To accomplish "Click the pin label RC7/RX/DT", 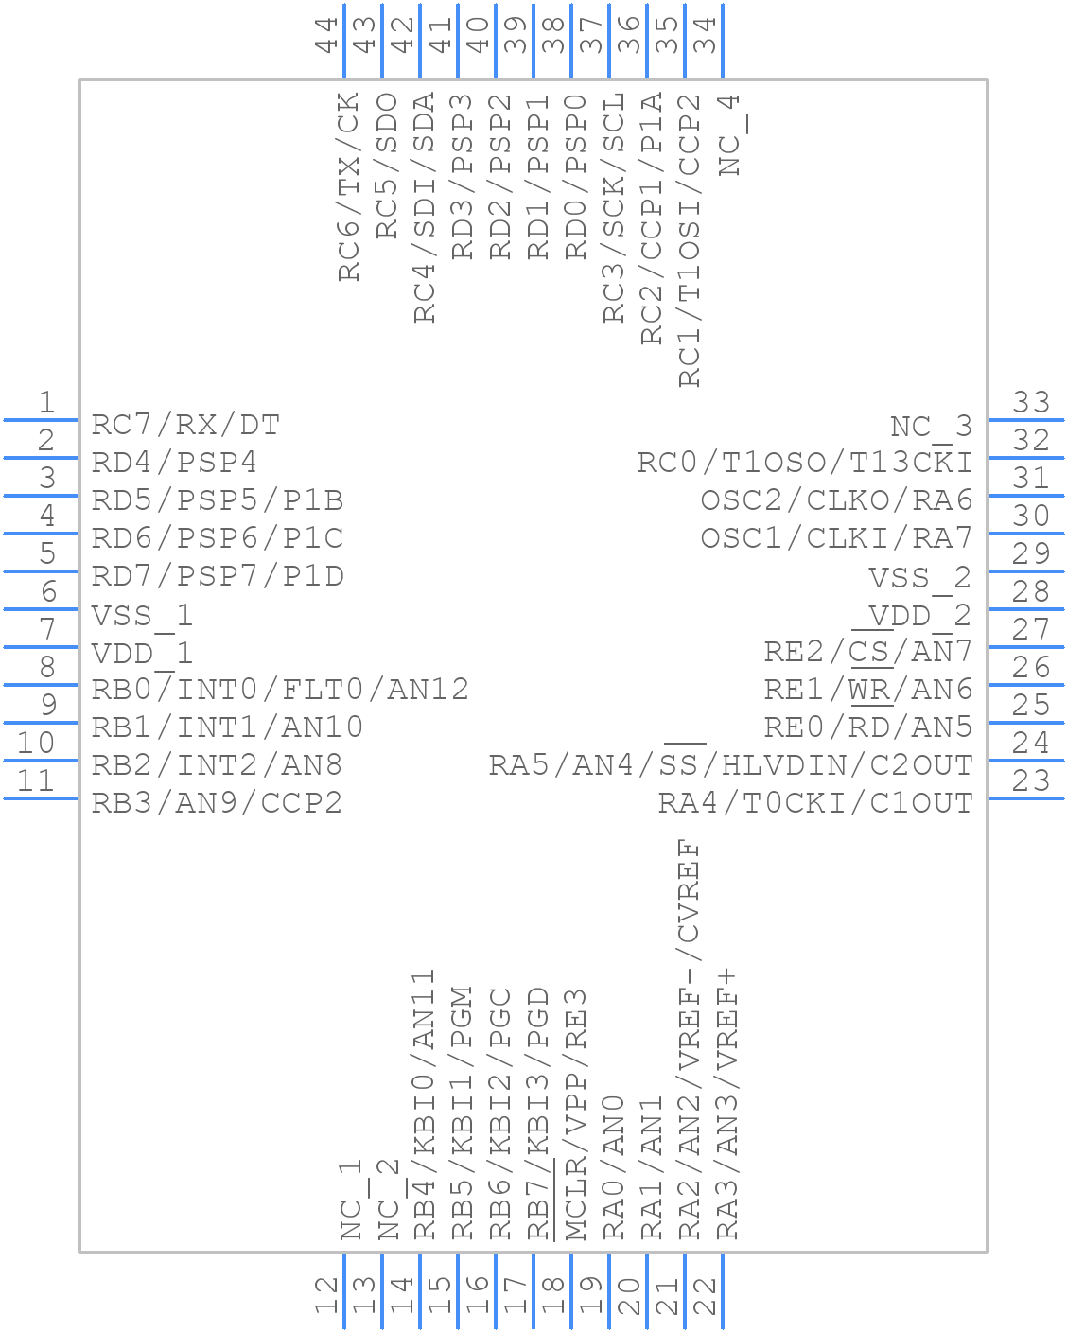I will tap(185, 425).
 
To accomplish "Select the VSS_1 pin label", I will tap(142, 616).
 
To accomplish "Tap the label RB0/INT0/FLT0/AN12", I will tap(280, 690).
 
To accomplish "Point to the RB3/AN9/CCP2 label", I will tap(217, 803).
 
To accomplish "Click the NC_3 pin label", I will tap(931, 427).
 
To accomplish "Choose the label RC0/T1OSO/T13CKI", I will tap(805, 463).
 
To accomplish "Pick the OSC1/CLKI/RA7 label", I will tap(836, 538).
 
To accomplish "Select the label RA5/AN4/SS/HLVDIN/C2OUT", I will tap(730, 764).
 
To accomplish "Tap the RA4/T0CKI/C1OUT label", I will tap(815, 803).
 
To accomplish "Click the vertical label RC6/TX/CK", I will tap(349, 186).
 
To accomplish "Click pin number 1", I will tap(45, 403).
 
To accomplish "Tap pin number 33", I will tap(1031, 403).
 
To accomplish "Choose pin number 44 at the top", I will tap(327, 34).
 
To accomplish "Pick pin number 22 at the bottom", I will tap(705, 1294).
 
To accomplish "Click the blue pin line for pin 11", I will tap(41, 798).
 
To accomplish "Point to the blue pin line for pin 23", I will tap(1026, 798).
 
